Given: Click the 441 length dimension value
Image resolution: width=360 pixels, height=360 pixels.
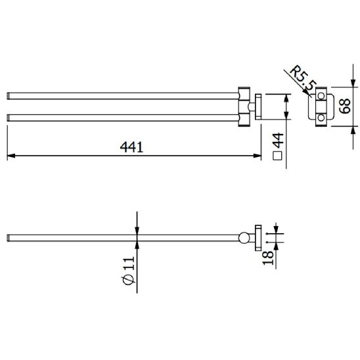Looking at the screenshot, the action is click(x=131, y=147).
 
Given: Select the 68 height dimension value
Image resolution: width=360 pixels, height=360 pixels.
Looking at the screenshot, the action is click(x=345, y=106).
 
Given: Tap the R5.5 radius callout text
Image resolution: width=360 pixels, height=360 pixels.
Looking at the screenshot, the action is click(x=304, y=78).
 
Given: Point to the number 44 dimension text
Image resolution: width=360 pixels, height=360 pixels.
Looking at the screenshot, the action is click(x=278, y=140).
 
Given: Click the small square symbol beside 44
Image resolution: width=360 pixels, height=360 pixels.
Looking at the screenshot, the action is click(x=277, y=156).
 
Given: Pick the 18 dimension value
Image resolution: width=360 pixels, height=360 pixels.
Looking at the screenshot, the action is click(x=268, y=258).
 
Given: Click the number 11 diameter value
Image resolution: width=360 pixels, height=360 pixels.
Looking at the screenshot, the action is click(x=129, y=263).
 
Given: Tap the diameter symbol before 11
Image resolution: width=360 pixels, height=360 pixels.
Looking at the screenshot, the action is click(x=129, y=279).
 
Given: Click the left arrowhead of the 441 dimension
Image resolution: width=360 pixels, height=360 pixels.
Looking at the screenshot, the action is click(x=11, y=156).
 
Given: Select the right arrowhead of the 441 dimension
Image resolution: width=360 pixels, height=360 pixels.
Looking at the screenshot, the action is click(x=257, y=156).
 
